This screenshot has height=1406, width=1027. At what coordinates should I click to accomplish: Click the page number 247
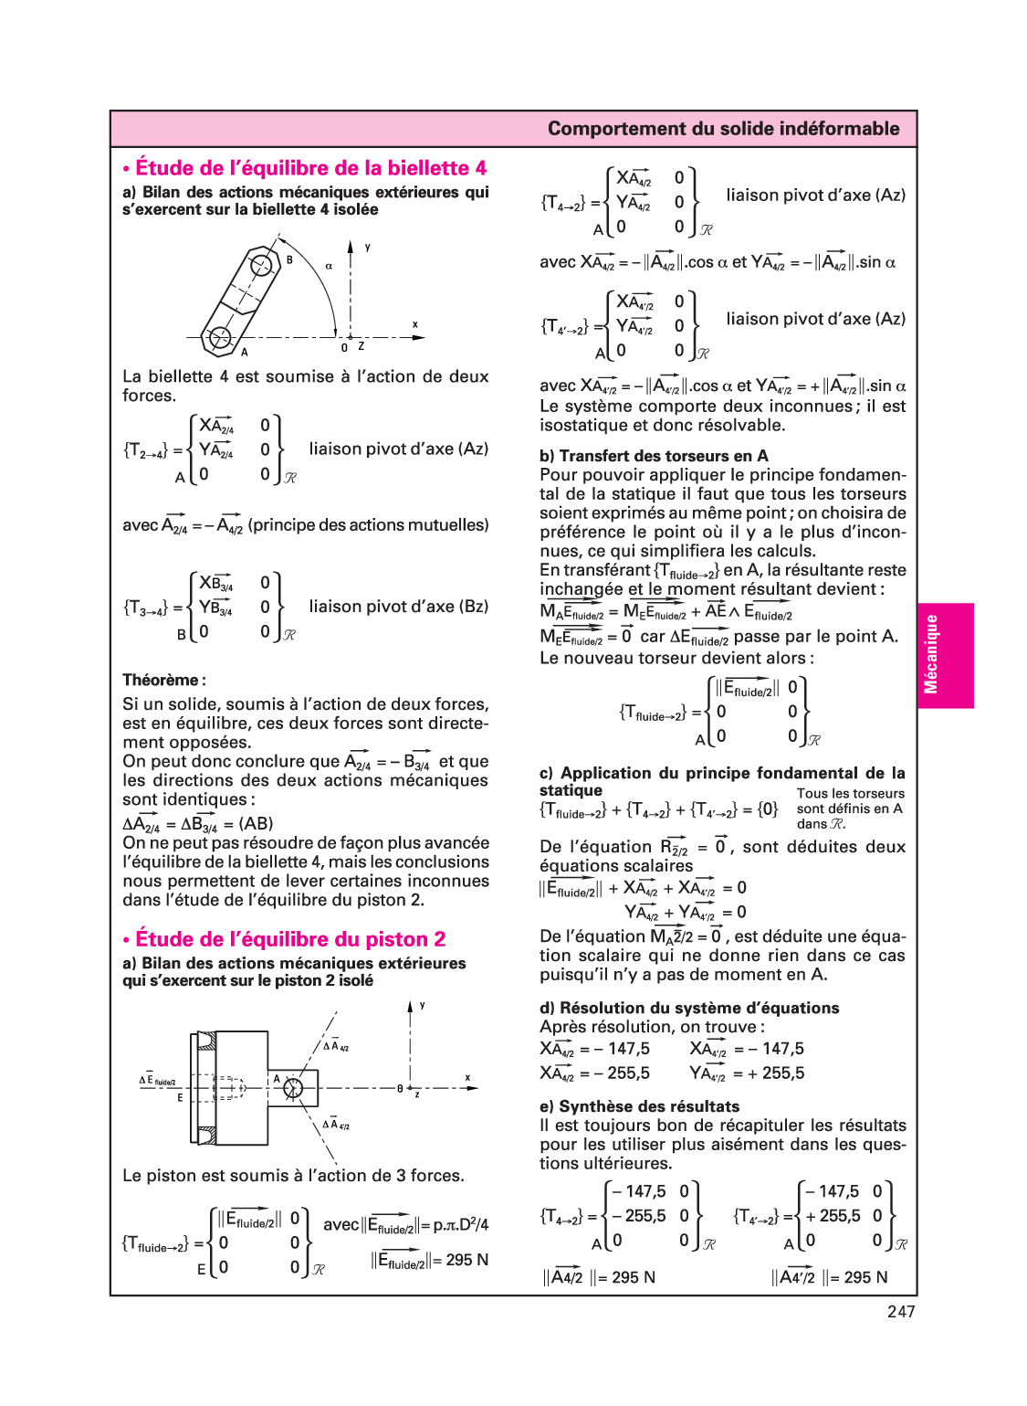coord(900,1312)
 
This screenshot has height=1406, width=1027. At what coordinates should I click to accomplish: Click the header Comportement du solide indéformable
coord(723,129)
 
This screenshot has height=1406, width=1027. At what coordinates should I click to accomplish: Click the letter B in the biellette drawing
coord(289,259)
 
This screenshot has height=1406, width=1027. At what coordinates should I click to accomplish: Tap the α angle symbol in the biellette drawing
coord(329,266)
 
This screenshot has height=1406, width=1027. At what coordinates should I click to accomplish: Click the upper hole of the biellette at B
coord(261,266)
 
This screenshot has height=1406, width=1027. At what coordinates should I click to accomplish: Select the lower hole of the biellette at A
coord(219,338)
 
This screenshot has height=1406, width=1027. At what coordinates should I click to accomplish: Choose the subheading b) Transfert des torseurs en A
coord(654,456)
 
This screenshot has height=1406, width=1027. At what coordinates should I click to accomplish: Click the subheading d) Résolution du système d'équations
coord(689,1008)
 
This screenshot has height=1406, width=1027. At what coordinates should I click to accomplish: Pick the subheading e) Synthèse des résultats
coord(639,1106)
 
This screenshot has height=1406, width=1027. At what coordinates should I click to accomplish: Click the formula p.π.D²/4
coord(460,1224)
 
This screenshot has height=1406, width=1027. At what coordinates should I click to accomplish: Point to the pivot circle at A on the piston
coord(293,1087)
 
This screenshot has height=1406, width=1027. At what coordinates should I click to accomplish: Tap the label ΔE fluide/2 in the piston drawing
coord(157,1080)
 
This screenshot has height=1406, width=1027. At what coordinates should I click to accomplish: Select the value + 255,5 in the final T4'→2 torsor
coord(833,1216)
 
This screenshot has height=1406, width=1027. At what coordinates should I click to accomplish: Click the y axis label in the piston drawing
coord(422,1005)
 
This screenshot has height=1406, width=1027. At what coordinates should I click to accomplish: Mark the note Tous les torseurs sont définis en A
coord(850,809)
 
